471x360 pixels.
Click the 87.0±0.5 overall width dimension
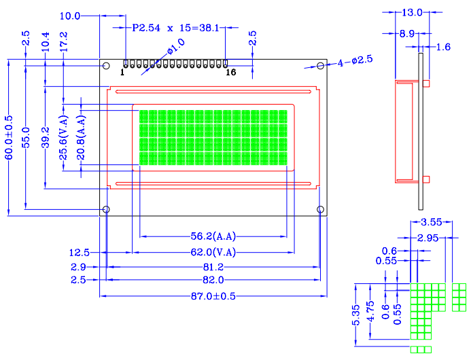[x=213, y=296]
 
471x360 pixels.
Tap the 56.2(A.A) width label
[x=213, y=236]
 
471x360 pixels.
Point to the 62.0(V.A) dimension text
[x=213, y=252]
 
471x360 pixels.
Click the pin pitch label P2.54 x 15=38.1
[x=176, y=28]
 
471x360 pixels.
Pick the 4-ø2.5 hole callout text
[x=355, y=60]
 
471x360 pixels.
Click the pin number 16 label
[x=230, y=72]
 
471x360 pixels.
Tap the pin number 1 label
[x=122, y=72]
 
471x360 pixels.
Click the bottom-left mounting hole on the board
[x=106, y=209]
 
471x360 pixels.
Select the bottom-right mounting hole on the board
[x=321, y=209]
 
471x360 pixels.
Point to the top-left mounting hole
[x=106, y=65]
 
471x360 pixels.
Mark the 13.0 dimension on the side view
[x=412, y=12]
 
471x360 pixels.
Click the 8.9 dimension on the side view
[x=407, y=33]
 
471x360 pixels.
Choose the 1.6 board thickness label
[x=442, y=47]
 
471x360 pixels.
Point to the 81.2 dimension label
[x=213, y=267]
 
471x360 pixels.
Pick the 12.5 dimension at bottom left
[x=80, y=252]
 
